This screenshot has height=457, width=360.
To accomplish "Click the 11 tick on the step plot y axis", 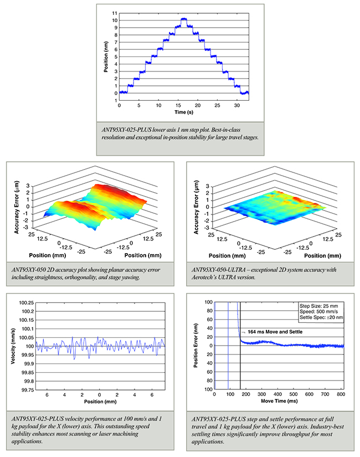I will click(x=114, y=12).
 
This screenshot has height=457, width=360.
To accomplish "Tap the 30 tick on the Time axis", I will click(x=236, y=104).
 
